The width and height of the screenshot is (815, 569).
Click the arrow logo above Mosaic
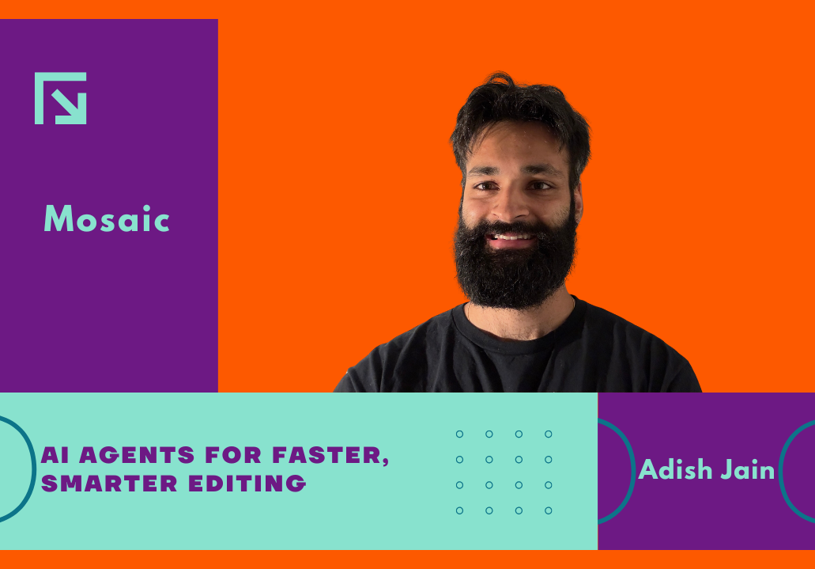coord(60,98)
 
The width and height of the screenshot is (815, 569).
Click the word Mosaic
coord(107,218)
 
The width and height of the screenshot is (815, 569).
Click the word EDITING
coord(247,483)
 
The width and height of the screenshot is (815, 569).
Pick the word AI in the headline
coord(55,455)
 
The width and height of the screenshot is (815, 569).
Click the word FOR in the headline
coord(233,455)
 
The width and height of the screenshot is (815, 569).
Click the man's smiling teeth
coord(513,237)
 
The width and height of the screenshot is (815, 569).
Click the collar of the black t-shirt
coord(512,333)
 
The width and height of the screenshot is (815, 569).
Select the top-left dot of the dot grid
coord(459,434)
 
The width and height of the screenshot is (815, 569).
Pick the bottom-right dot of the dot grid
coord(549,510)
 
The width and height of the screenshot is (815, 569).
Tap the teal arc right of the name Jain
coord(781,471)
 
